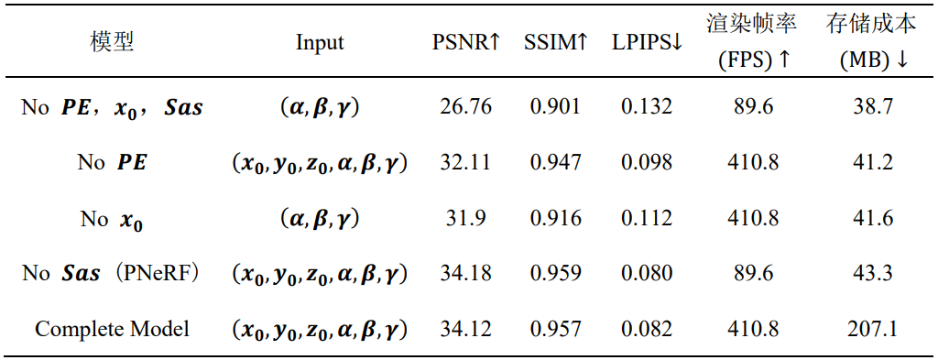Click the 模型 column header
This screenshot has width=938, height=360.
(x=112, y=43)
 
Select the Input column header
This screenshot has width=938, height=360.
(x=320, y=43)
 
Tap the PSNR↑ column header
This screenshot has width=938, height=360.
(x=466, y=43)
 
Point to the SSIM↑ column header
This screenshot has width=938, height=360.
(x=556, y=43)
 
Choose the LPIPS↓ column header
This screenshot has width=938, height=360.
(x=647, y=43)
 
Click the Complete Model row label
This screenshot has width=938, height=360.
(x=112, y=329)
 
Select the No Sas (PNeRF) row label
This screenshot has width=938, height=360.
(x=112, y=273)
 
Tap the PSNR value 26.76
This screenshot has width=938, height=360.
(x=464, y=107)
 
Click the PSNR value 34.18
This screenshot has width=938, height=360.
(x=464, y=273)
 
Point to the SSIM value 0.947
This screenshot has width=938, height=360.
(x=556, y=163)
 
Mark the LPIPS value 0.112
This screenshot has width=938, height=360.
(x=647, y=218)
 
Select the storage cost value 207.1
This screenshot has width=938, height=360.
(x=871, y=329)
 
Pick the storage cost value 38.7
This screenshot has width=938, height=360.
(x=871, y=107)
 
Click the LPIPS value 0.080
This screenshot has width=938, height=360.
(x=647, y=273)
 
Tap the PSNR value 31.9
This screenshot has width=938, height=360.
(x=464, y=218)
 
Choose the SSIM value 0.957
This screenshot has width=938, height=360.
(x=556, y=329)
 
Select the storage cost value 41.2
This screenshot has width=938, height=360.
(x=871, y=163)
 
